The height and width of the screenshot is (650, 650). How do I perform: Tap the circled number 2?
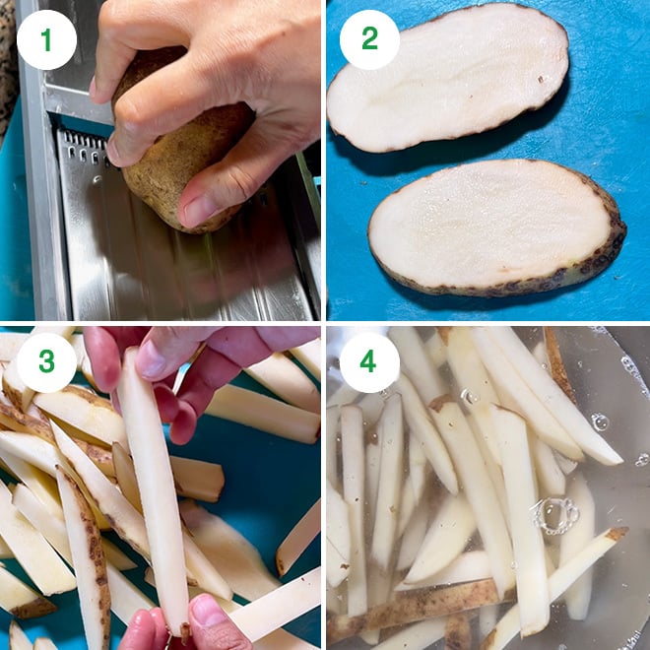[369, 39]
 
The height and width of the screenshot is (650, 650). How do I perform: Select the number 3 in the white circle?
[46, 362]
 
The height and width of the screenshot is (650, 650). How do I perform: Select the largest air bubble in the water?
[557, 514]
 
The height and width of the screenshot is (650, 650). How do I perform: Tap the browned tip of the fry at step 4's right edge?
[617, 534]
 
